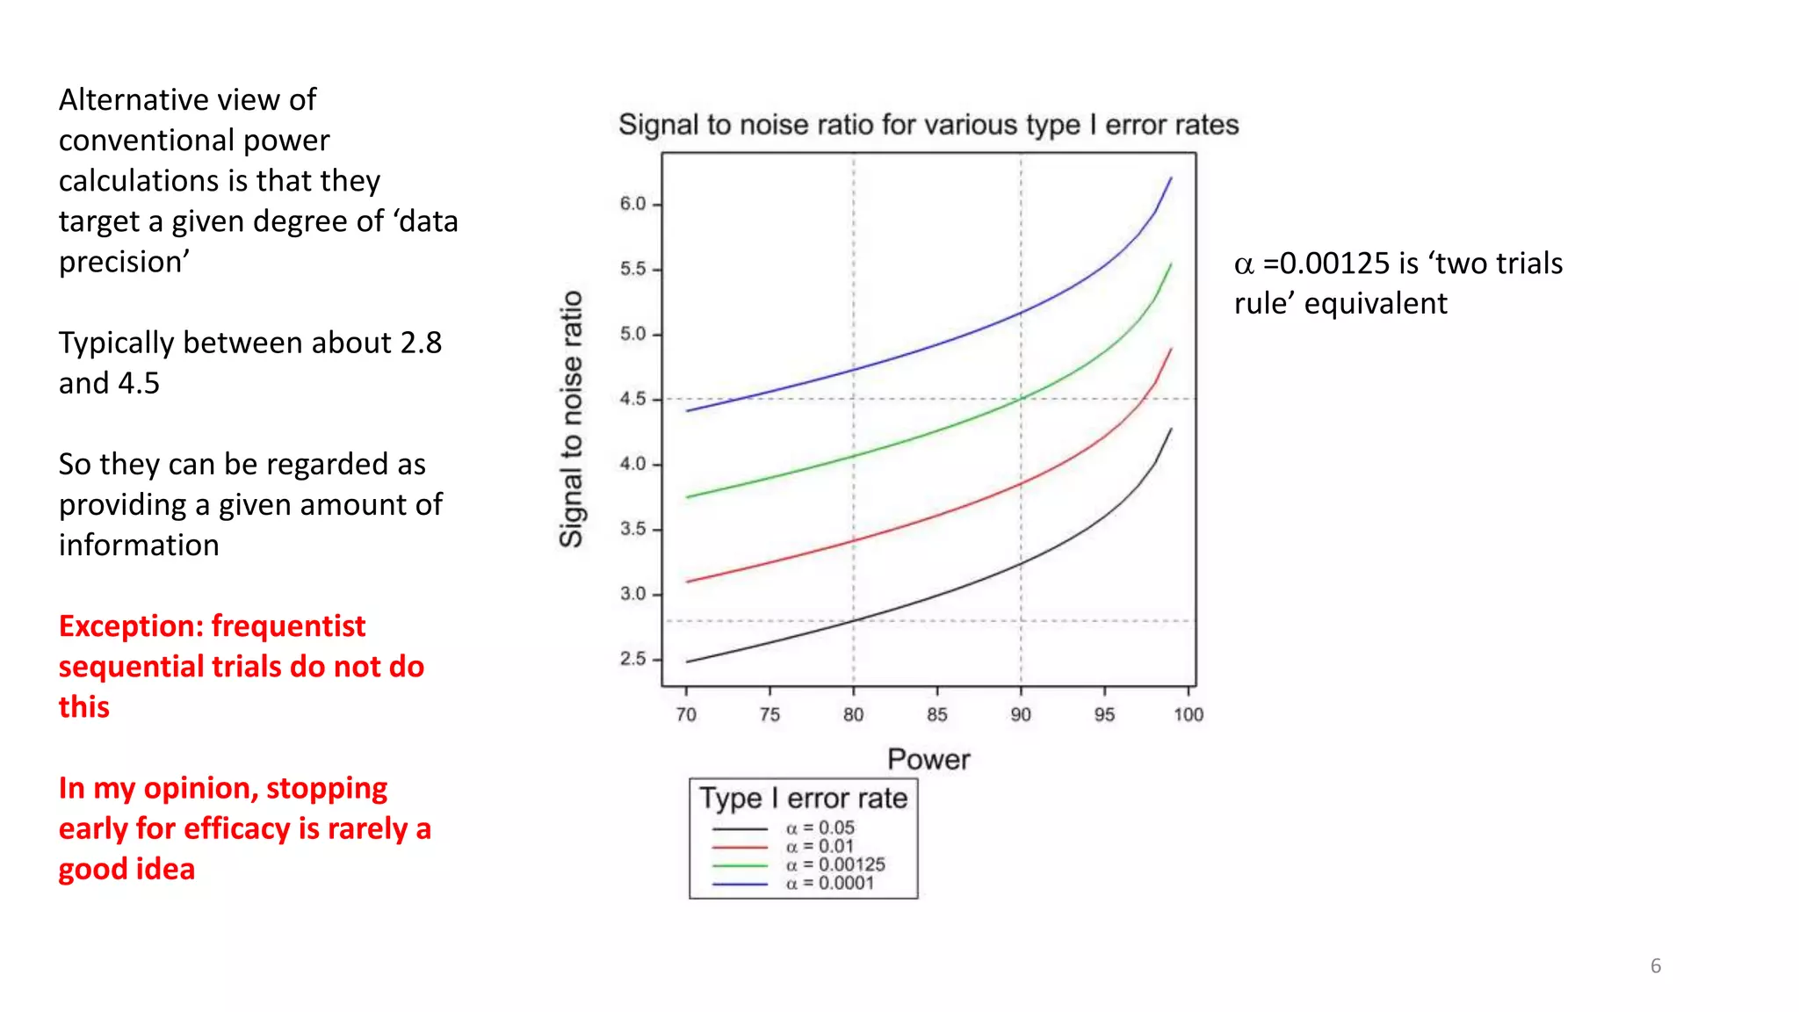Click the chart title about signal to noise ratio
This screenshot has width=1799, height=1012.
pyautogui.click(x=928, y=125)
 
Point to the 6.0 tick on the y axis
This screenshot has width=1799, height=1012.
pyautogui.click(x=632, y=204)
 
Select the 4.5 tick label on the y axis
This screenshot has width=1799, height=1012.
pyautogui.click(x=632, y=399)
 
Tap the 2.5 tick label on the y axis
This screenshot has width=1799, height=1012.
pyautogui.click(x=632, y=659)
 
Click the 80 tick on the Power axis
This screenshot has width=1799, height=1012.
pyautogui.click(x=853, y=714)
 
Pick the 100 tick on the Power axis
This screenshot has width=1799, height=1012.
pyautogui.click(x=1188, y=714)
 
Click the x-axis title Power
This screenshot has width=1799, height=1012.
pyautogui.click(x=928, y=759)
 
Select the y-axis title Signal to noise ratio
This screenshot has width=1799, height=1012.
pyautogui.click(x=572, y=419)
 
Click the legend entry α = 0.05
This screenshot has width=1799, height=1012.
pyautogui.click(x=820, y=828)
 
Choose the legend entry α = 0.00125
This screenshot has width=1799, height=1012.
pyautogui.click(x=835, y=864)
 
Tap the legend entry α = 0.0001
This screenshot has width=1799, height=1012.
pyautogui.click(x=830, y=883)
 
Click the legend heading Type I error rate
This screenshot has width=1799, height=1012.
pyautogui.click(x=803, y=798)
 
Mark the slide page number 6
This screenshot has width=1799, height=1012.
pyautogui.click(x=1656, y=965)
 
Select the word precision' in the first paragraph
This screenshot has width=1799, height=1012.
pyautogui.click(x=124, y=262)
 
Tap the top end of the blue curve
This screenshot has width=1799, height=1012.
pyautogui.click(x=1171, y=178)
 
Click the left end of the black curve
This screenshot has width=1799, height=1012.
pyautogui.click(x=687, y=661)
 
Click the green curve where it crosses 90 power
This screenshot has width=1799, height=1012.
pyautogui.click(x=1021, y=399)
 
